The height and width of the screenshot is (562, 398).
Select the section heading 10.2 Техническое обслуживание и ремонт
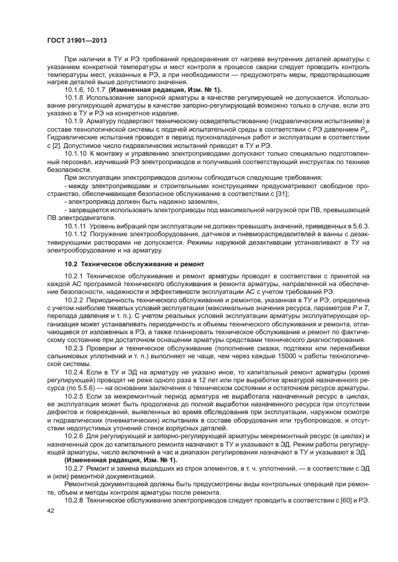135,264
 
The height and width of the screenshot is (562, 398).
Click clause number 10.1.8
73,97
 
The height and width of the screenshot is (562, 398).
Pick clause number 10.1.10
75,153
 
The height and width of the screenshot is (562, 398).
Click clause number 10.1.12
75,234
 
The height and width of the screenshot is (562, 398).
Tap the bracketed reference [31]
281,194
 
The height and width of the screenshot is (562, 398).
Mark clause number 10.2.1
73,276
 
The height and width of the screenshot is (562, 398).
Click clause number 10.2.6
73,435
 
